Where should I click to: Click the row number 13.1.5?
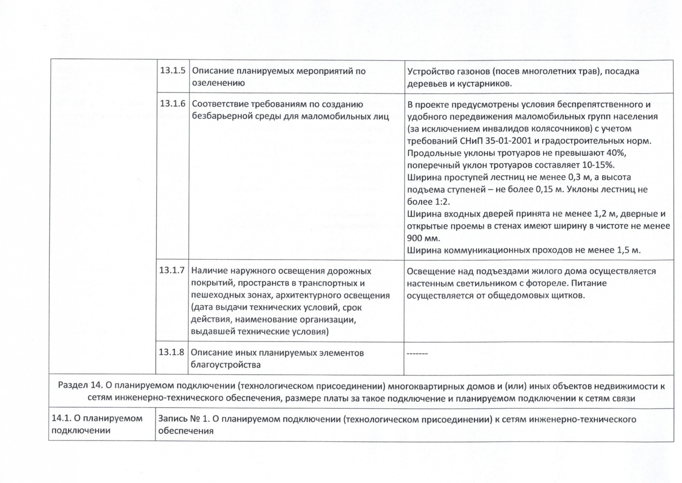[x=172, y=71]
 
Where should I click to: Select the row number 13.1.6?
[x=172, y=104]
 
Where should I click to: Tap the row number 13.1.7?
[x=172, y=271]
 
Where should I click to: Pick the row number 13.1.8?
[x=172, y=352]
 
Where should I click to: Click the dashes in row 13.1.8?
[x=417, y=354]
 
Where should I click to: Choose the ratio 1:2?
[x=441, y=202]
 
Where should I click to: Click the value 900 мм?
[x=423, y=238]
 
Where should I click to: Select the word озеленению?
[x=218, y=83]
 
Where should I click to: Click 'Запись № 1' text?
[x=183, y=419]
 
